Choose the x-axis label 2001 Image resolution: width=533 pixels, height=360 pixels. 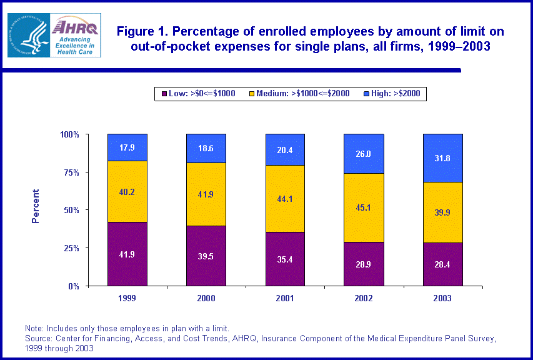(285, 298)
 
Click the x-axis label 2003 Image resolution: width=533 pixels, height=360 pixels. (443, 298)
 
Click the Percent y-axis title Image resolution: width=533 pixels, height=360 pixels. (36, 206)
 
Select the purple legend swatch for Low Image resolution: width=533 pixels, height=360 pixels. (164, 94)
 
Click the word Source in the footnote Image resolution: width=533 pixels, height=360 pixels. (39, 339)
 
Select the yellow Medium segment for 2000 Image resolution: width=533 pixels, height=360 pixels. (206, 194)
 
